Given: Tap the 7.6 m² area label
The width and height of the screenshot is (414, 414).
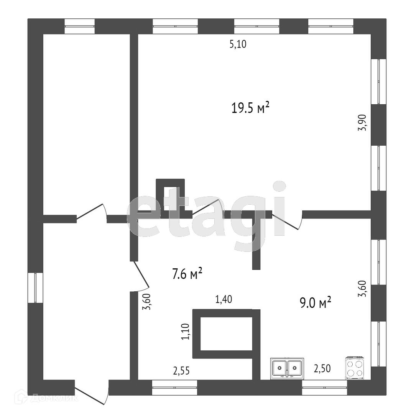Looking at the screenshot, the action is [x=187, y=274].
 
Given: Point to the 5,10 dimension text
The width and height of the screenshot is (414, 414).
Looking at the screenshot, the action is [x=238, y=44].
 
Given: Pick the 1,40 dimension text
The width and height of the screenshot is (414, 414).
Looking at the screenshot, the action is [x=224, y=299].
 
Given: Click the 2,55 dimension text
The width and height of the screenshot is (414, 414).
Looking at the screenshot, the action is [x=181, y=371].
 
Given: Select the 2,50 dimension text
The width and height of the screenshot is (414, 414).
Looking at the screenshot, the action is [x=322, y=369].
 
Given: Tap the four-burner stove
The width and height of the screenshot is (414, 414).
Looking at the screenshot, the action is [x=355, y=368].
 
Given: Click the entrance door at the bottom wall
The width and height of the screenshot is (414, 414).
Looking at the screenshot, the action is [x=92, y=391].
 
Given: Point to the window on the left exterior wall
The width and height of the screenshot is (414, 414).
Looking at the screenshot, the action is [x=35, y=288].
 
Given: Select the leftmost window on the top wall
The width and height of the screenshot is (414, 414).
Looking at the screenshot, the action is [x=79, y=26].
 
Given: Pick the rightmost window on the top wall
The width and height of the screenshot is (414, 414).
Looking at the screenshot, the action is [x=331, y=26].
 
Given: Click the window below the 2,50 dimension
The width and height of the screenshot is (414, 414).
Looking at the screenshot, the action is [x=324, y=387].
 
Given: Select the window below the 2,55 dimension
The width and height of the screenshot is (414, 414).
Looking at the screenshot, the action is [x=175, y=387].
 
